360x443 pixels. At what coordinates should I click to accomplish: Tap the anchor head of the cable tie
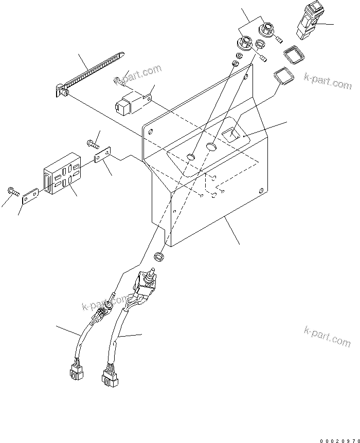coord(60,91)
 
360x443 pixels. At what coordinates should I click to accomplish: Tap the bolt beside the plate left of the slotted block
coord(13,192)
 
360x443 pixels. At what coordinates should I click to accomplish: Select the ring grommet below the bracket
coord(159,255)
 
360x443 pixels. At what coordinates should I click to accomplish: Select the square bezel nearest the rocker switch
coord(292,54)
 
